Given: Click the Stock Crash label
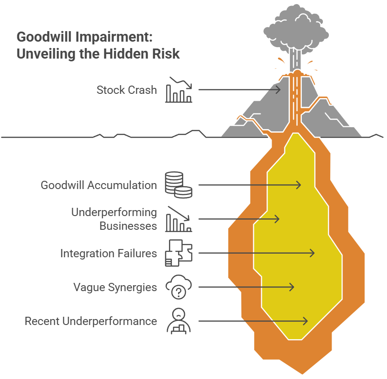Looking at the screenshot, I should [x=126, y=90].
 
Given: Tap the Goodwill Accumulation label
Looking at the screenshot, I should [x=98, y=185].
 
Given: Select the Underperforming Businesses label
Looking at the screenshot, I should [x=114, y=219].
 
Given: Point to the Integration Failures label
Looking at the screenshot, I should [x=109, y=253].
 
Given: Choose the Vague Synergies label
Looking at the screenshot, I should [x=115, y=287].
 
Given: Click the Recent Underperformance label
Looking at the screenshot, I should [x=91, y=321].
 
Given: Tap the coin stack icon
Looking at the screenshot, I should [x=178, y=185].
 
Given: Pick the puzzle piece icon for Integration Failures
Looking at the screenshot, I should [x=178, y=253].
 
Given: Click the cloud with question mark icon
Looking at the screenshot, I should [x=178, y=287].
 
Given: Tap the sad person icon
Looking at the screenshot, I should [x=178, y=321].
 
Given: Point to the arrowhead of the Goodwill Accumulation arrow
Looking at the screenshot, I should [x=299, y=185].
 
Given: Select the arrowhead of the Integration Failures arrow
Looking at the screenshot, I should [x=312, y=253].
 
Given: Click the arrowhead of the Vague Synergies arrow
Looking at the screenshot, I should [x=291, y=287].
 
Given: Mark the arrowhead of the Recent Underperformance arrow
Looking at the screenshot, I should [x=305, y=321].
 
